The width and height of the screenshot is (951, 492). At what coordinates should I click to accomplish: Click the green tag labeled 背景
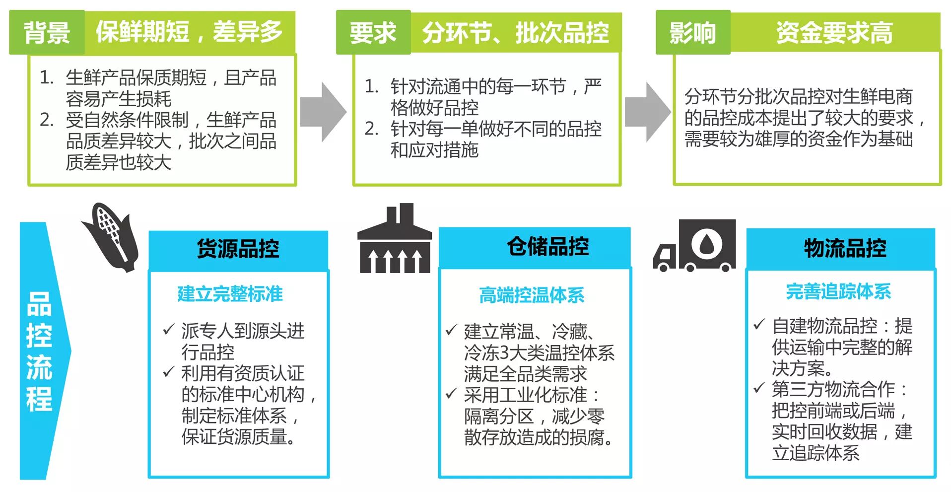click(x=47, y=33)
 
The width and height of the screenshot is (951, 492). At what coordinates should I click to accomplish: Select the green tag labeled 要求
click(x=373, y=33)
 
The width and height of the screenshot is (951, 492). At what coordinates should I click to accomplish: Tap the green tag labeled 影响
click(x=692, y=33)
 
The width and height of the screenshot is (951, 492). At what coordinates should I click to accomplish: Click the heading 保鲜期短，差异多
click(x=189, y=32)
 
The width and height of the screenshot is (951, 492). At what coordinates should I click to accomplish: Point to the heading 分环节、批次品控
click(x=515, y=33)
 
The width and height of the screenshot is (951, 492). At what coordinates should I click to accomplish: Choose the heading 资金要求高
click(x=834, y=33)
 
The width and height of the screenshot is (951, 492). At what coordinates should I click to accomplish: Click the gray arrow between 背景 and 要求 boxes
click(x=323, y=112)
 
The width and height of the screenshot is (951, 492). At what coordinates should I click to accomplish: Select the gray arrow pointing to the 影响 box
click(x=647, y=112)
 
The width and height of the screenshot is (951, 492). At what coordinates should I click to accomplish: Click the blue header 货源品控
click(x=238, y=248)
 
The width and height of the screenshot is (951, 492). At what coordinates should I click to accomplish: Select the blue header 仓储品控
click(x=547, y=246)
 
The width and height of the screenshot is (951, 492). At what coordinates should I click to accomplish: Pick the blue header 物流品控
click(x=845, y=248)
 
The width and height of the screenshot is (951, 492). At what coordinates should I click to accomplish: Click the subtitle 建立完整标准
click(x=230, y=294)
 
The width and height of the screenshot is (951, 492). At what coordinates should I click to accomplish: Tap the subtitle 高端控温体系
click(x=532, y=295)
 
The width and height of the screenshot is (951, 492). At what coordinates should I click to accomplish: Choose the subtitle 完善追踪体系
click(x=838, y=291)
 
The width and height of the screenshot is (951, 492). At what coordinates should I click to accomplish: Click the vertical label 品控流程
click(x=39, y=351)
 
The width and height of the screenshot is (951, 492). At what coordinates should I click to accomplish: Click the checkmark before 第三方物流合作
click(x=759, y=388)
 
